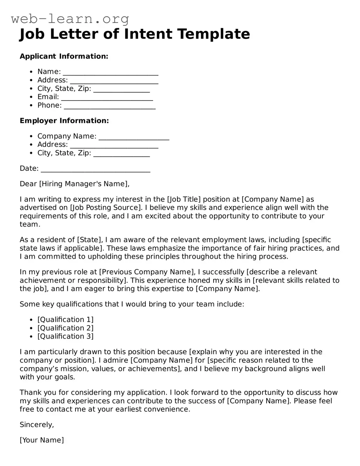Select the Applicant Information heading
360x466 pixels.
click(x=64, y=56)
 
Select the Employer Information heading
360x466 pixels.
click(x=64, y=121)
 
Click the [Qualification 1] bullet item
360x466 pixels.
click(x=65, y=320)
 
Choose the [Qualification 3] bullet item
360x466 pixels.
click(x=65, y=336)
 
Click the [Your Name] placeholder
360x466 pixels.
click(x=42, y=440)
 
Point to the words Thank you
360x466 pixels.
click(x=34, y=393)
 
